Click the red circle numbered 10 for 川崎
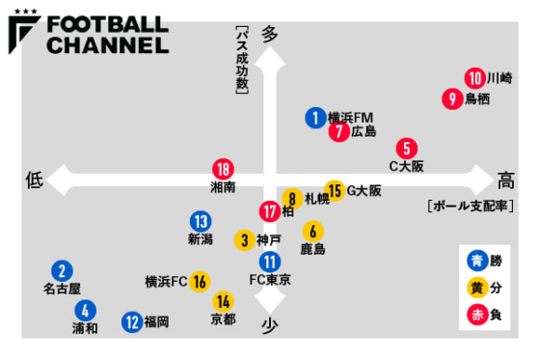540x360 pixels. coord(474,78)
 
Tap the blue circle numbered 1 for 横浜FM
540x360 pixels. coord(315,118)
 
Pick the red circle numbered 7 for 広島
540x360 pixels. coord(338,131)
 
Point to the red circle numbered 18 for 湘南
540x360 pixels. coord(223,168)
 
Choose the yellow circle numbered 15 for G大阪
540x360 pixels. coord(335,190)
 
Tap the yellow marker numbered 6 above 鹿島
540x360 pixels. coord(312,232)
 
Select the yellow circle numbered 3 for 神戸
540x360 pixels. coord(246,239)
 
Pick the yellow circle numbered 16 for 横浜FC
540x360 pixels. coord(200,282)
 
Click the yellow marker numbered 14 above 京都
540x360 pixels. coord(223,302)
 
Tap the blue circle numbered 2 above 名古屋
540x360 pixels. coord(62,272)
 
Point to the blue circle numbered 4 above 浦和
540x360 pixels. coord(85,311)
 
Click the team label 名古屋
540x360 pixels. coord(62,289)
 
